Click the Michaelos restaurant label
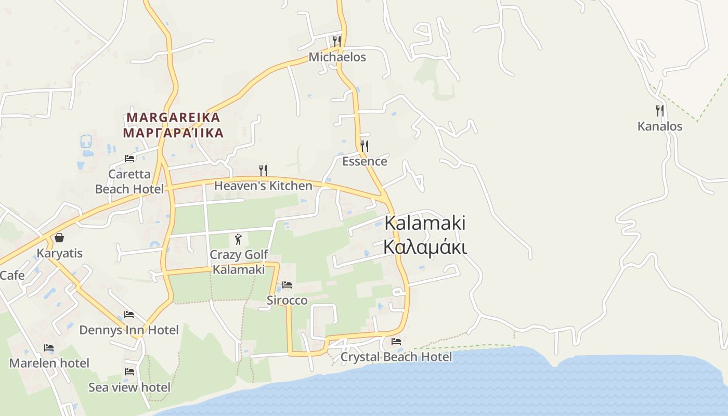pos(337,57)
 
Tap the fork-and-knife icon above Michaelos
pos(337,41)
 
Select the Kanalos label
pos(660,126)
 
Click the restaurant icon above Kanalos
pos(660,110)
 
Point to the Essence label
pos(365,161)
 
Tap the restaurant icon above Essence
pos(365,146)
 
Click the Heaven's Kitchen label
pos(263,186)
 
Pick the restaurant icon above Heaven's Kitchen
pos(263,170)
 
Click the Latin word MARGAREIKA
pos(173,117)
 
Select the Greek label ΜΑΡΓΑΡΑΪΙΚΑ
pos(173,133)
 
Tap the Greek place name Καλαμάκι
pos(425,247)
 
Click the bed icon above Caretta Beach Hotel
pos(129,159)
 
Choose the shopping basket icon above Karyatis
pos(59,238)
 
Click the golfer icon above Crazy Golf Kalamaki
pos(239,239)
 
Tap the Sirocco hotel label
pos(287,301)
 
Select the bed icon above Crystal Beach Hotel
pos(396,342)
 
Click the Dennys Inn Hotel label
pos(129,330)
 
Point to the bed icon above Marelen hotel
pos(49,347)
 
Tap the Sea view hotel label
pos(129,387)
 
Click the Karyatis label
pos(59,253)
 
